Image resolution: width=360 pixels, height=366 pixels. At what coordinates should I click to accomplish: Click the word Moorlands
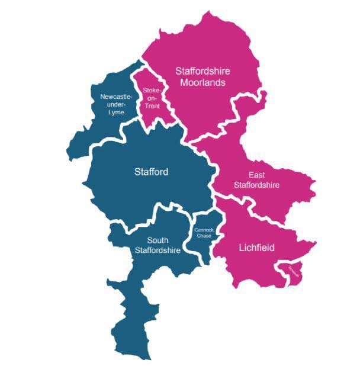tap(203, 83)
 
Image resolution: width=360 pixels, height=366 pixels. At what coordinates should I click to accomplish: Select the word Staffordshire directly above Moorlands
tap(203, 71)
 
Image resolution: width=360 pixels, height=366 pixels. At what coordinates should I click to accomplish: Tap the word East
tap(256, 175)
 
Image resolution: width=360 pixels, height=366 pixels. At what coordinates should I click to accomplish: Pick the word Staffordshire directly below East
tap(256, 185)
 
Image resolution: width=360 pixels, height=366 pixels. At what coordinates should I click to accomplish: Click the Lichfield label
tap(256, 248)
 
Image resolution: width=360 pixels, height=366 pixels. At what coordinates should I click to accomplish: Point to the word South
tap(157, 240)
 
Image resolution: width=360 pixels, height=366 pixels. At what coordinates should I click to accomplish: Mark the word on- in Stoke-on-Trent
tap(152, 98)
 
